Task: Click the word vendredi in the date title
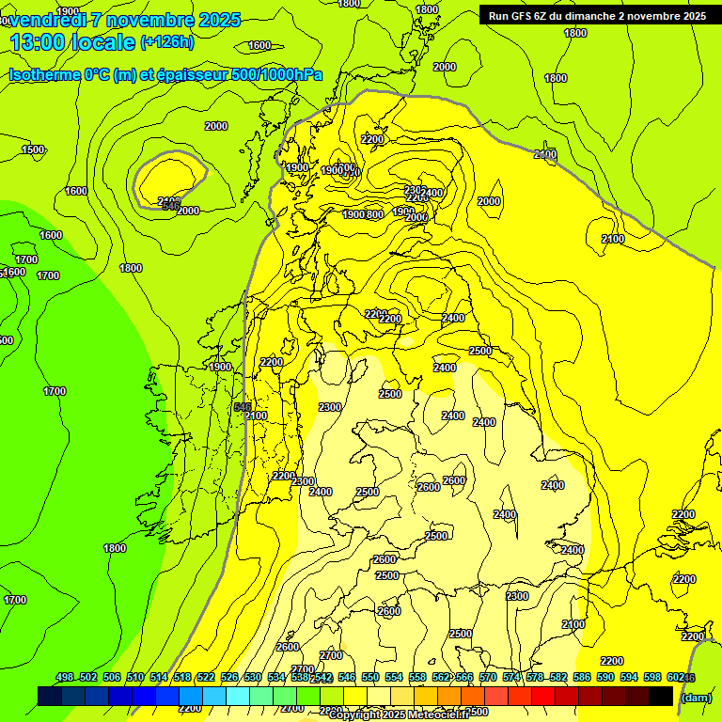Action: pos(47,20)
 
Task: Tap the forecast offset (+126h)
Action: pos(167,41)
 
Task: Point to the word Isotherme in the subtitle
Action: pos(43,74)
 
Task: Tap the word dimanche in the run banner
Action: pos(597,15)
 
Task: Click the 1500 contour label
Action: pos(33,149)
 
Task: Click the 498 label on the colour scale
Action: pos(65,677)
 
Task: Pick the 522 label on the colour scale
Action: pos(206,677)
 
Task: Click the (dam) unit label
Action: pos(696,698)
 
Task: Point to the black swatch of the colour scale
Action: pos(661,696)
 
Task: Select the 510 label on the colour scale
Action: pos(135,677)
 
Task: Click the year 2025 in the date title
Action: pos(214,20)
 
